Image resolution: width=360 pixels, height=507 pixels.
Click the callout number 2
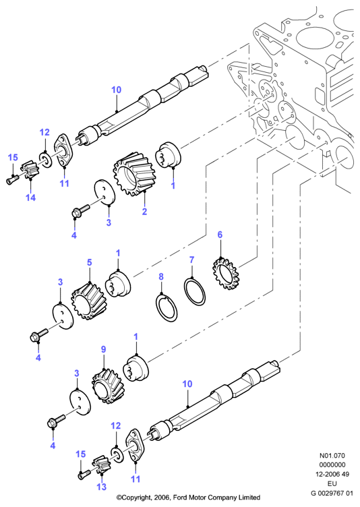(144, 211)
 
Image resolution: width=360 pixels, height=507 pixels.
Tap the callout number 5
(90, 262)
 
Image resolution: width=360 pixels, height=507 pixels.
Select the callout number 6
(220, 235)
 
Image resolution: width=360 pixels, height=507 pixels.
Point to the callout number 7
(192, 260)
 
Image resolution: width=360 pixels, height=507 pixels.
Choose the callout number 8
(161, 276)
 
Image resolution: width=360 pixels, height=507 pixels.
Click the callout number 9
(104, 349)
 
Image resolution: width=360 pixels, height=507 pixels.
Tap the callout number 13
(102, 487)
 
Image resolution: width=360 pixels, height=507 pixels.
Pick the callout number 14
(31, 198)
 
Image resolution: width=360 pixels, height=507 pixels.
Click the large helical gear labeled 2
(133, 174)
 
